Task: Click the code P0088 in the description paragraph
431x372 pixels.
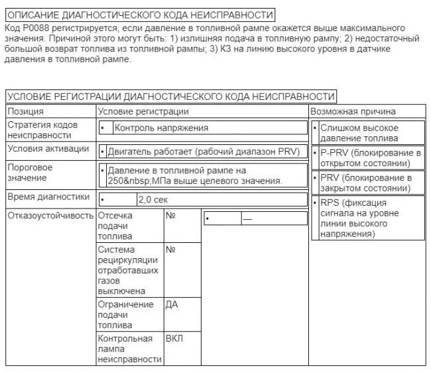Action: click(x=35, y=28)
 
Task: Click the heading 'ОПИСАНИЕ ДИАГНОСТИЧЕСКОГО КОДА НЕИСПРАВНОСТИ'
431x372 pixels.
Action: click(x=139, y=15)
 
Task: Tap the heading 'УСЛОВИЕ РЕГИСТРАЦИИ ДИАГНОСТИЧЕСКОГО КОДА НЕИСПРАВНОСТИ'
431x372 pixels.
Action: click(x=170, y=95)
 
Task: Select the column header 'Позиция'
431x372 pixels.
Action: click(x=26, y=112)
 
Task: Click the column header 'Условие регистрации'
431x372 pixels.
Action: click(x=143, y=112)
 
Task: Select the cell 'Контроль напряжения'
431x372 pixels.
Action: click(x=162, y=128)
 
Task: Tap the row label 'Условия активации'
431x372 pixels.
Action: click(x=48, y=149)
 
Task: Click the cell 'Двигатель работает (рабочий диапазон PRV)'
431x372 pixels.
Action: click(x=206, y=152)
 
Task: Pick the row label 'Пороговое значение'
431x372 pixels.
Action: click(x=30, y=173)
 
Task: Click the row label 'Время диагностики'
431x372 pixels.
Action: click(x=48, y=197)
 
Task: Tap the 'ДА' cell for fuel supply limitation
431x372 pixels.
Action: click(x=171, y=304)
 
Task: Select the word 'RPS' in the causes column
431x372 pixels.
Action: click(x=330, y=203)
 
